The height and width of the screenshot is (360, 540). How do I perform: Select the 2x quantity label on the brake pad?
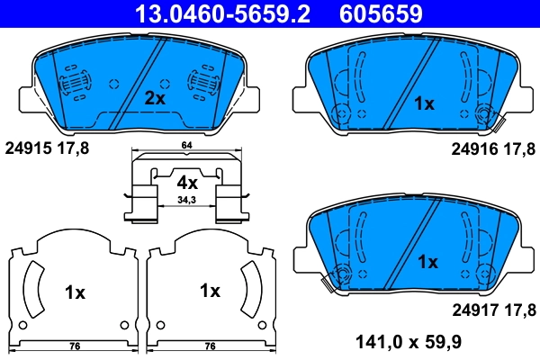coord(155,100)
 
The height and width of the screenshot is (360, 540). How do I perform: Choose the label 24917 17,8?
coord(492,310)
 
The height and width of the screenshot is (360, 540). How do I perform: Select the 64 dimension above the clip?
coord(186,145)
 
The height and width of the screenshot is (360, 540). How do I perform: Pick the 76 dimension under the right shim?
coord(210,346)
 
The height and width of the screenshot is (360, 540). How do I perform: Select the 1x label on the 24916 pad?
coord(424,103)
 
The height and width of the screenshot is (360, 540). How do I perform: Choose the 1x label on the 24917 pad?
coord(427,262)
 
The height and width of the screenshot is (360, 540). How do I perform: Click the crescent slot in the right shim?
coord(251,288)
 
